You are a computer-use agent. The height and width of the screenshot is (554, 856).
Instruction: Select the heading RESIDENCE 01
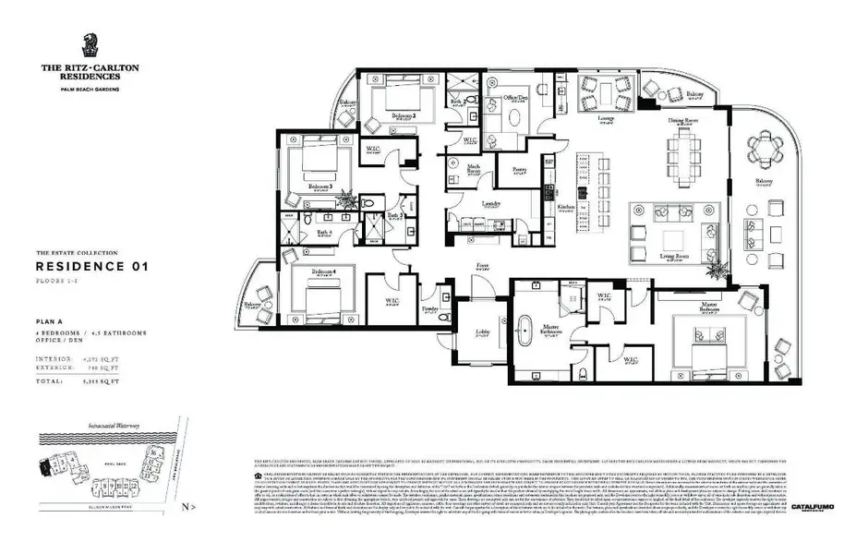click(91, 266)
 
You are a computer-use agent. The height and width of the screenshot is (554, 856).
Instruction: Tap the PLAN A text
click(50, 320)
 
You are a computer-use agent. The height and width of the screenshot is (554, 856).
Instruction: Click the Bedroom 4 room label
click(323, 271)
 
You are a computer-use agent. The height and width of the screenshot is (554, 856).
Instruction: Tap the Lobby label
click(483, 331)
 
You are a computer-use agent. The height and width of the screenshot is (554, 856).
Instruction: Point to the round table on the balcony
click(764, 147)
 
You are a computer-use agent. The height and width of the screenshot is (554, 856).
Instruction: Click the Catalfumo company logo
click(813, 507)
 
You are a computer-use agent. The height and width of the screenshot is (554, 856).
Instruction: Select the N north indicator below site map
click(187, 507)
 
